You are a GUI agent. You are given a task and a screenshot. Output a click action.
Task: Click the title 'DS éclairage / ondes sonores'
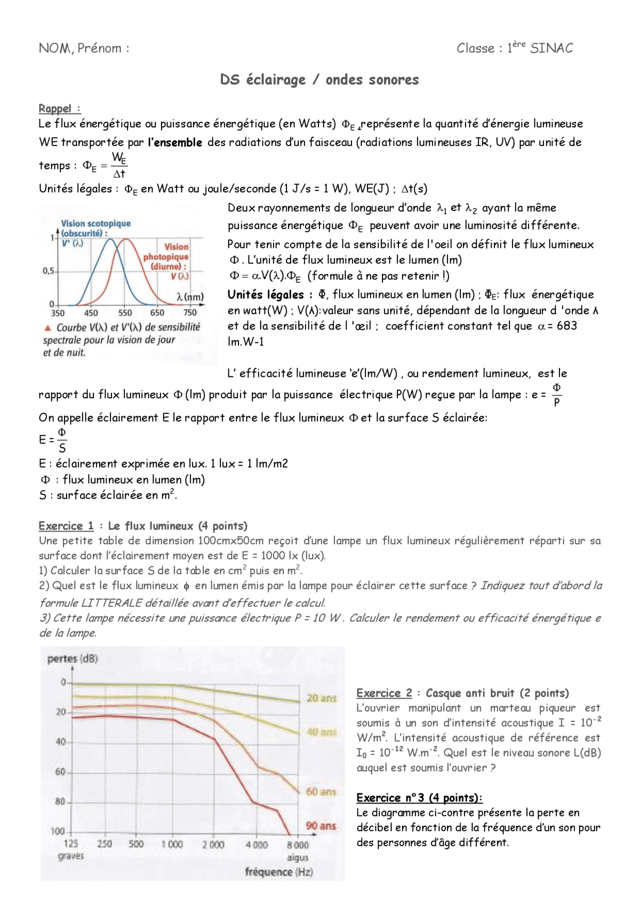(319, 79)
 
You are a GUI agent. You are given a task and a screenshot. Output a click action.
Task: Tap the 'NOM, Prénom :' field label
(84, 48)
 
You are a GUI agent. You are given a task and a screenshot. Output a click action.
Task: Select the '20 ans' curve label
(321, 698)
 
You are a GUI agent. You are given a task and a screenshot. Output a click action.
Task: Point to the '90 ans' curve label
(321, 826)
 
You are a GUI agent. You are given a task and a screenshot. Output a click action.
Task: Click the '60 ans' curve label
(321, 792)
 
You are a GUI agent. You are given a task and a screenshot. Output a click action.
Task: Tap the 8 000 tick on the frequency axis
(298, 845)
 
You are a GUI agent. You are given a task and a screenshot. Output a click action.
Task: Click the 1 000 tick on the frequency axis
(172, 844)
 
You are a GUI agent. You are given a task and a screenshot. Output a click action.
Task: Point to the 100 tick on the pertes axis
(58, 831)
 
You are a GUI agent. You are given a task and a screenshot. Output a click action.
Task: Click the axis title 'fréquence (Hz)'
(278, 872)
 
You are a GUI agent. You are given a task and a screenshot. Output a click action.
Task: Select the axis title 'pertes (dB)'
(72, 659)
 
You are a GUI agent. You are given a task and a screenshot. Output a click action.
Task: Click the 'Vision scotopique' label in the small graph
(96, 223)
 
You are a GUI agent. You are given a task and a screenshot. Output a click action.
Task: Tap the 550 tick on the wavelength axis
(125, 313)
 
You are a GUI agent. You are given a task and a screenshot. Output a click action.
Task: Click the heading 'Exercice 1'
(66, 526)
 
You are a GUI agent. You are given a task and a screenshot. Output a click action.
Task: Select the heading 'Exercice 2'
(384, 693)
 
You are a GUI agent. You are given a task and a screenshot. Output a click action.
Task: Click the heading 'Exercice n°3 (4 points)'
(419, 798)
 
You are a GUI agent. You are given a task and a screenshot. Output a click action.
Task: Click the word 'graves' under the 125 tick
(71, 856)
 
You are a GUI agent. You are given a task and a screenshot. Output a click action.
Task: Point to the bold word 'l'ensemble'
(175, 142)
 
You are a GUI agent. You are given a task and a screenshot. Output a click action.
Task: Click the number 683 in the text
(566, 326)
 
